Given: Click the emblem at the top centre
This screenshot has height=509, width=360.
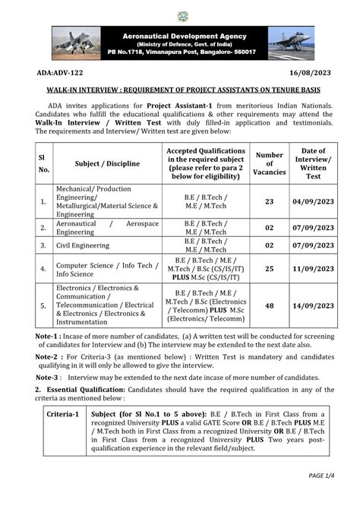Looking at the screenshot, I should [182, 16].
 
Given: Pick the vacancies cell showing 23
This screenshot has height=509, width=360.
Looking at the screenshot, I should [269, 201].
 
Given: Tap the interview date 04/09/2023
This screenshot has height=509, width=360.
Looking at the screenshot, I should [313, 201].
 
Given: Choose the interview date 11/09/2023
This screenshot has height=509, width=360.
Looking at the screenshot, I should [313, 269].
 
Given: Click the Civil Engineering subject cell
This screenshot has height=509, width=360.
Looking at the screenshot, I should [84, 246].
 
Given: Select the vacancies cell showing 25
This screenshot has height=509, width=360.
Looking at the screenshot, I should [269, 269].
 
